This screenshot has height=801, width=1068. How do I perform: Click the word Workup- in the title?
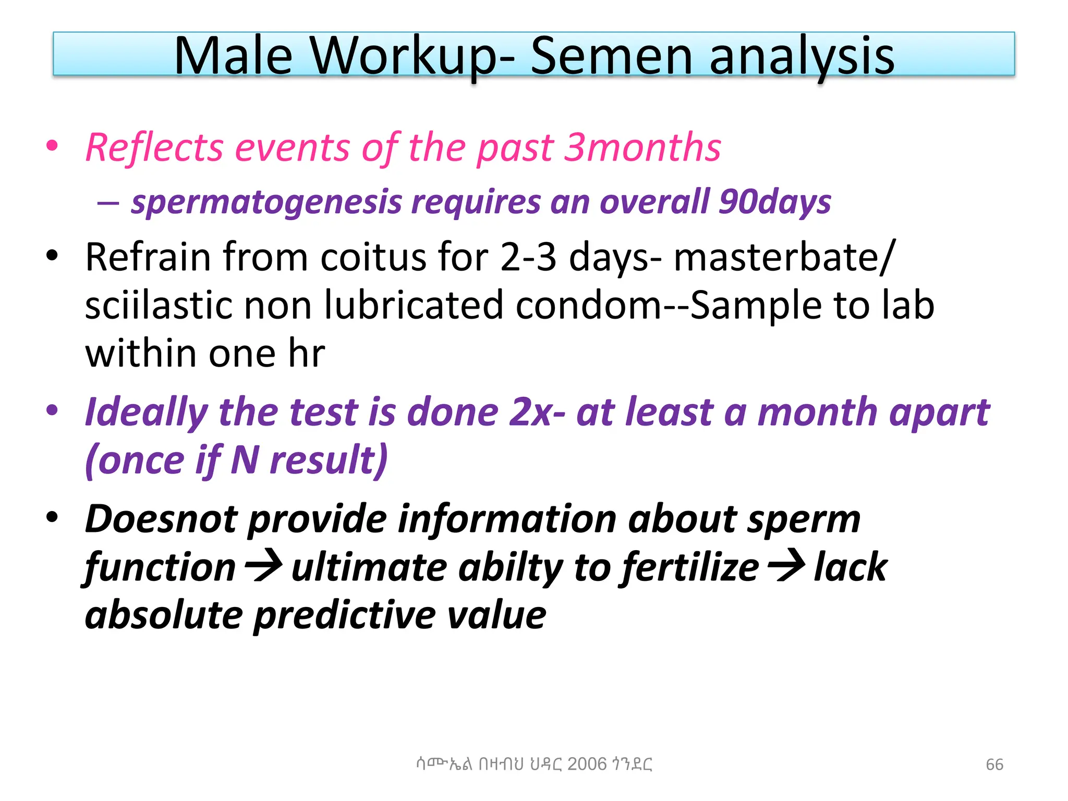412,56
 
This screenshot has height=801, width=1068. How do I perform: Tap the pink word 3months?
644,147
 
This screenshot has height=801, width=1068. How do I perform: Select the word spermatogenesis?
266,202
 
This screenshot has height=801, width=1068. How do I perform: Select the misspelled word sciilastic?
159,305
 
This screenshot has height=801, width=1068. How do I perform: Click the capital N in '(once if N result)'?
245,460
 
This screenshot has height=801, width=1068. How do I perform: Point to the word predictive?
345,615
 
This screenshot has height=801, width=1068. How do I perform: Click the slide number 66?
994,764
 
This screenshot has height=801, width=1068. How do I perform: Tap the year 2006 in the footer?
587,764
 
